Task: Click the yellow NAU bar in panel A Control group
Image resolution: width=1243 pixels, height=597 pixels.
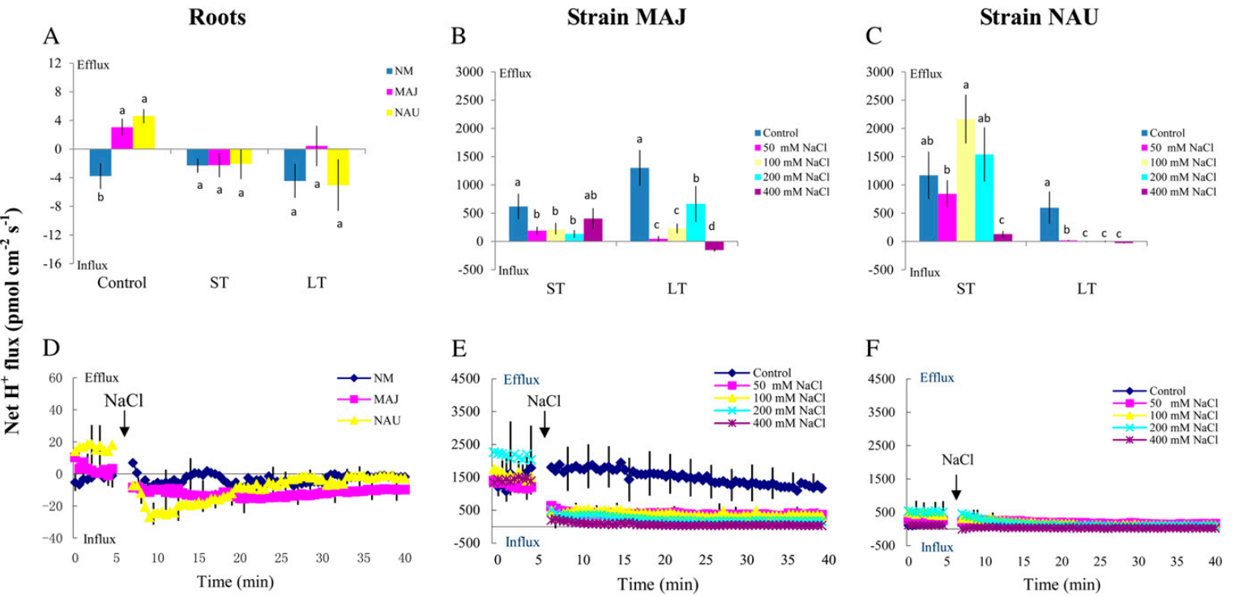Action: point(143,133)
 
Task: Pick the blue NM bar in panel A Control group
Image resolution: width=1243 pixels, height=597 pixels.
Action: point(100,162)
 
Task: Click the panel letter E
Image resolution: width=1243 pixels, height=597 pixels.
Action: point(458,350)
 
